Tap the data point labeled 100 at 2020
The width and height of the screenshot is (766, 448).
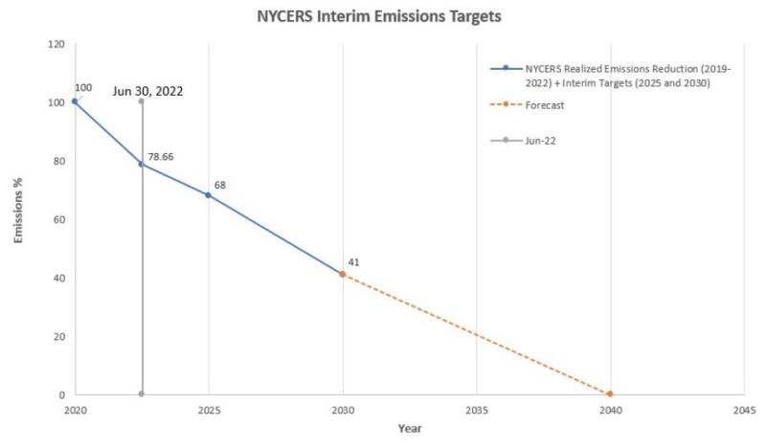pyautogui.click(x=74, y=101)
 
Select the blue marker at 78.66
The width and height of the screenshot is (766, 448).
pyautogui.click(x=142, y=164)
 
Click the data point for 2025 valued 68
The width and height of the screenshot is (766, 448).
pyautogui.click(x=208, y=195)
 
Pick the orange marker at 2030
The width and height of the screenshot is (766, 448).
pyautogui.click(x=342, y=275)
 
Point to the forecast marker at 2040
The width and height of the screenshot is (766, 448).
pyautogui.click(x=610, y=394)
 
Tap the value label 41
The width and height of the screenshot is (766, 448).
pyautogui.click(x=354, y=261)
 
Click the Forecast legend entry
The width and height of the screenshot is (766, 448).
pyautogui.click(x=544, y=105)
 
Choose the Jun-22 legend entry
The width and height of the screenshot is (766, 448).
pyautogui.click(x=541, y=140)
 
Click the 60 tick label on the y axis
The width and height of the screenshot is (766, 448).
pyautogui.click(x=58, y=219)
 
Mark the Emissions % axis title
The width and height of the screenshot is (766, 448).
pyautogui.click(x=18, y=219)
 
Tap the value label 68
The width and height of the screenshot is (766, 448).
pyautogui.click(x=219, y=184)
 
